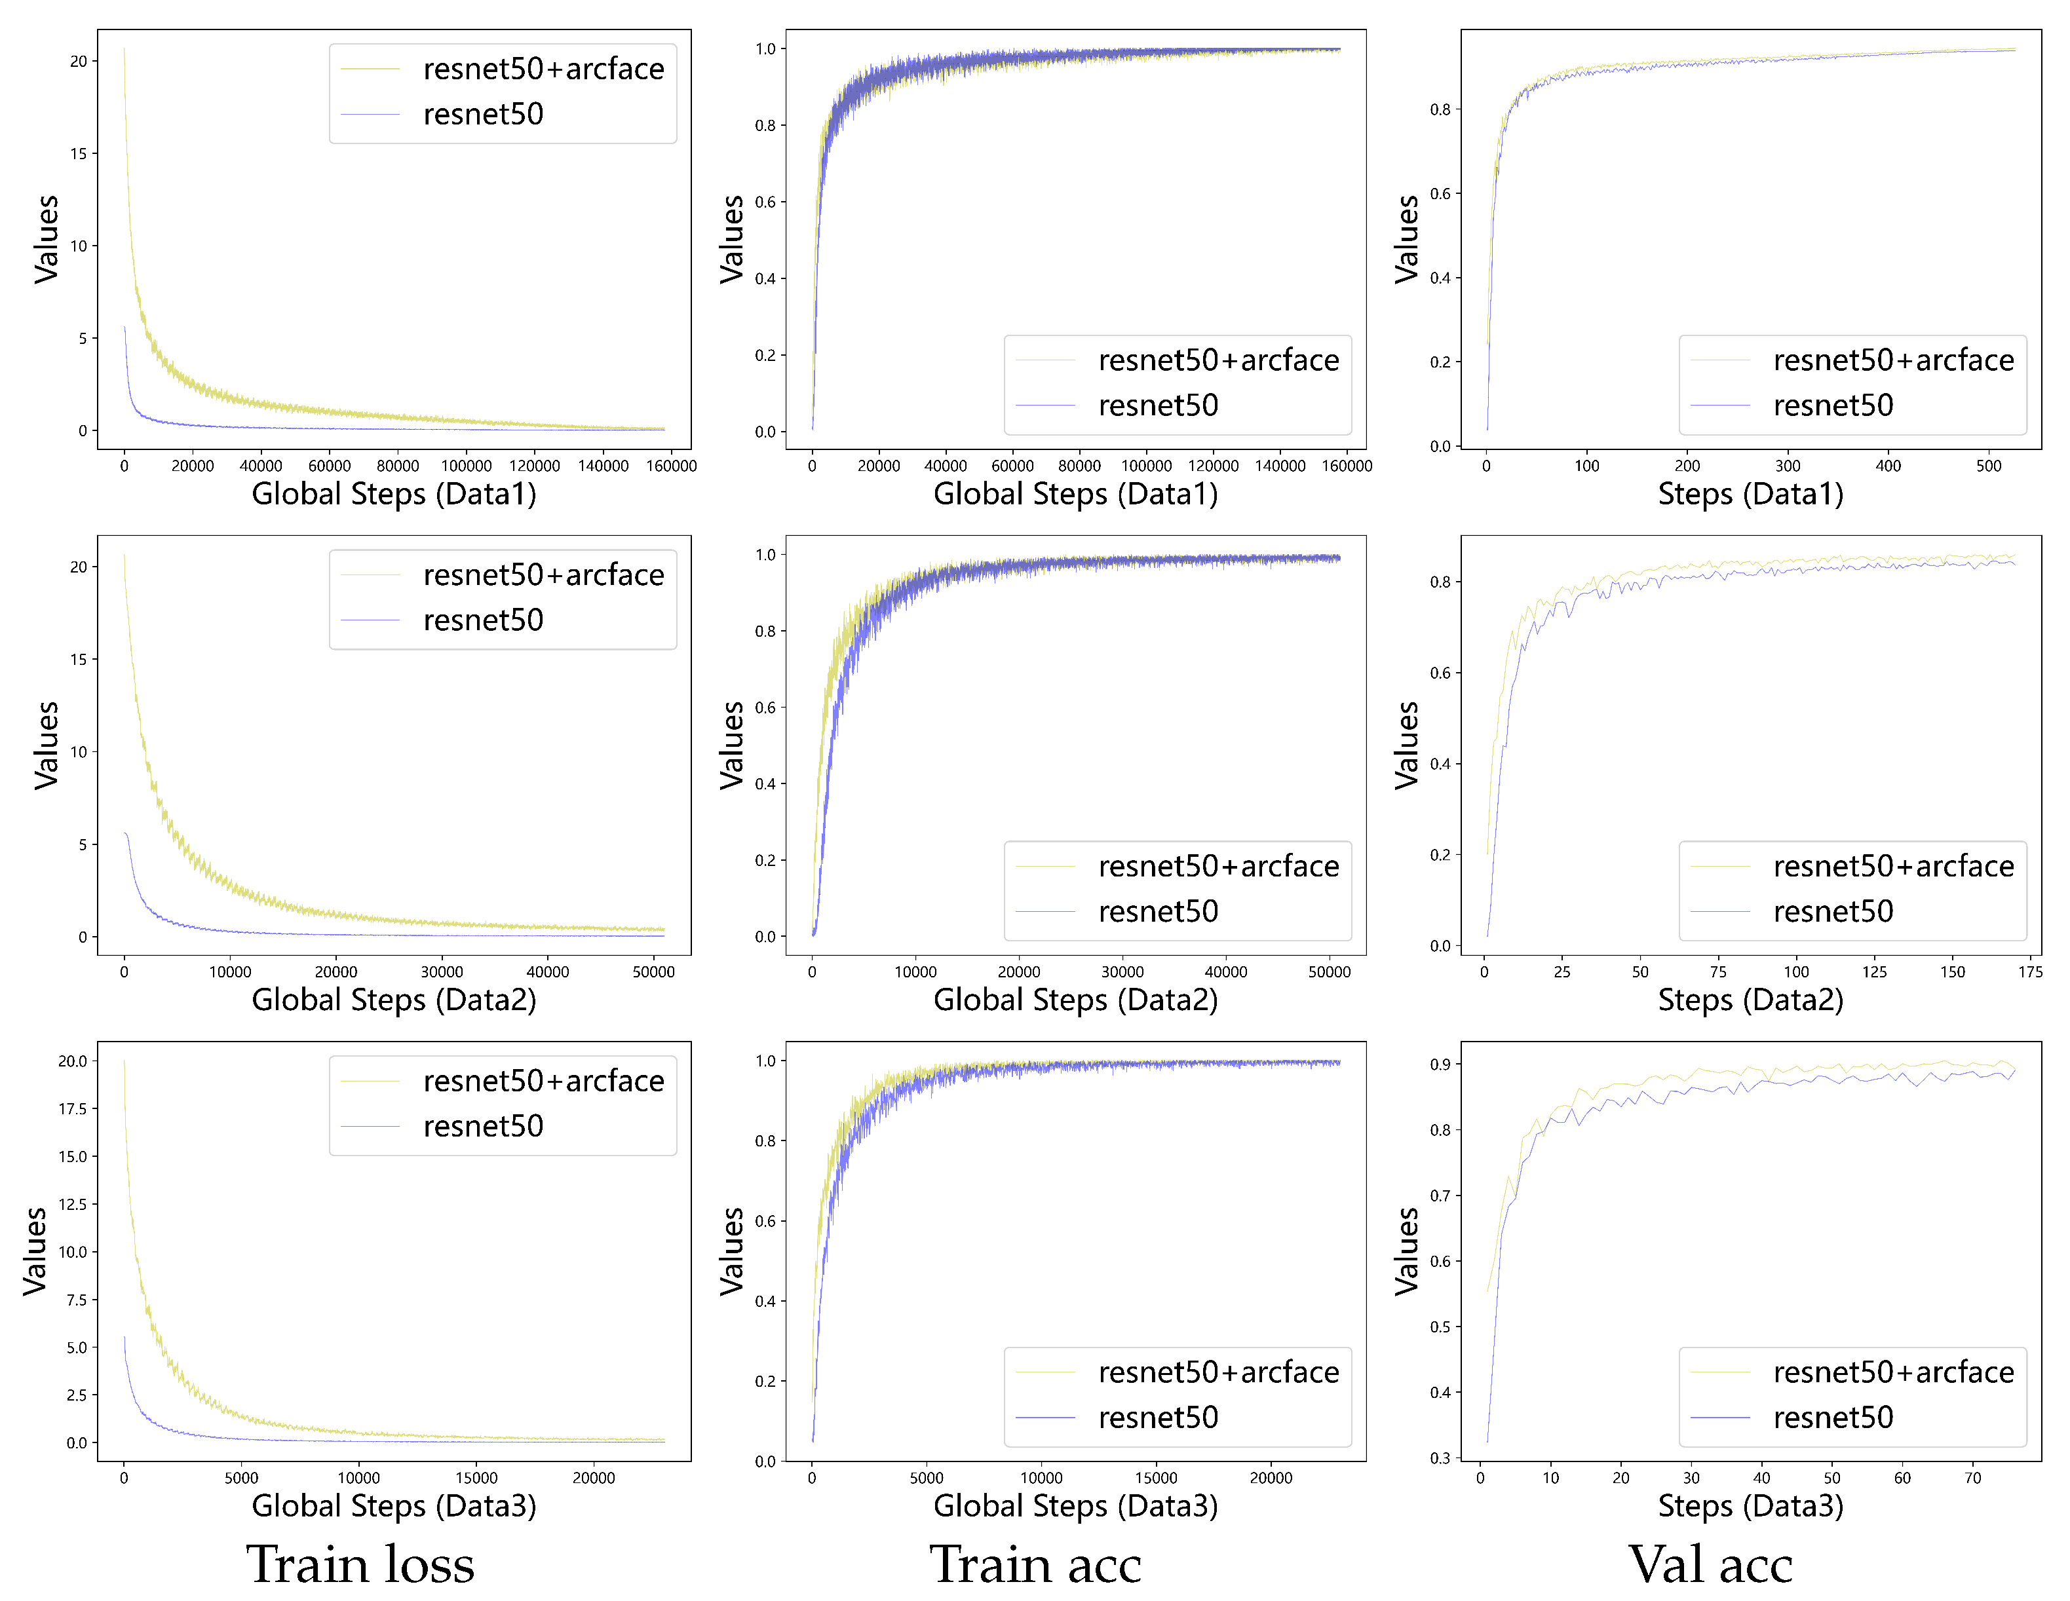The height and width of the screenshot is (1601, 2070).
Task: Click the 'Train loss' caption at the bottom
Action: pos(360,1564)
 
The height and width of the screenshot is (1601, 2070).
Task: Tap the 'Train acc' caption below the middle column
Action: pos(1035,1564)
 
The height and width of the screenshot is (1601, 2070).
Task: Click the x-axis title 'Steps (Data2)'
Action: pos(1750,1000)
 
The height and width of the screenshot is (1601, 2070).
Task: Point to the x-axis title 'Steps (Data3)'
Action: pos(1750,1505)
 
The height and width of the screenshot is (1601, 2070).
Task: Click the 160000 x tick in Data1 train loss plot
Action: pos(671,466)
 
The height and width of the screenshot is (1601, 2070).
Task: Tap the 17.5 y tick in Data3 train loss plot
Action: pos(72,1108)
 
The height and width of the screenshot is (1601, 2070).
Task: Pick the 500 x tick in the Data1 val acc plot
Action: pos(1989,466)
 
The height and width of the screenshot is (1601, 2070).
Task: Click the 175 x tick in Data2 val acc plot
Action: pos(2030,972)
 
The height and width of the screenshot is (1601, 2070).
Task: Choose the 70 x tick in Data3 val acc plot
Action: pos(1972,1478)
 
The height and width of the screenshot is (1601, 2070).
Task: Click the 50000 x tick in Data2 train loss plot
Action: pos(653,972)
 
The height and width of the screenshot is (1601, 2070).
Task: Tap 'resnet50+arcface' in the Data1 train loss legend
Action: pos(543,69)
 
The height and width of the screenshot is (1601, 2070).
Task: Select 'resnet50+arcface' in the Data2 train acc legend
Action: pos(1218,867)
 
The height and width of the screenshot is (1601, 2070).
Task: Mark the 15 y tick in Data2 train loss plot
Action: pos(78,660)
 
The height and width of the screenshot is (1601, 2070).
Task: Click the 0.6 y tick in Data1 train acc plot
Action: pos(764,202)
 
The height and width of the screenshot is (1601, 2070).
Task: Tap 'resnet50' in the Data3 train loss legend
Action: pos(484,1126)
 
